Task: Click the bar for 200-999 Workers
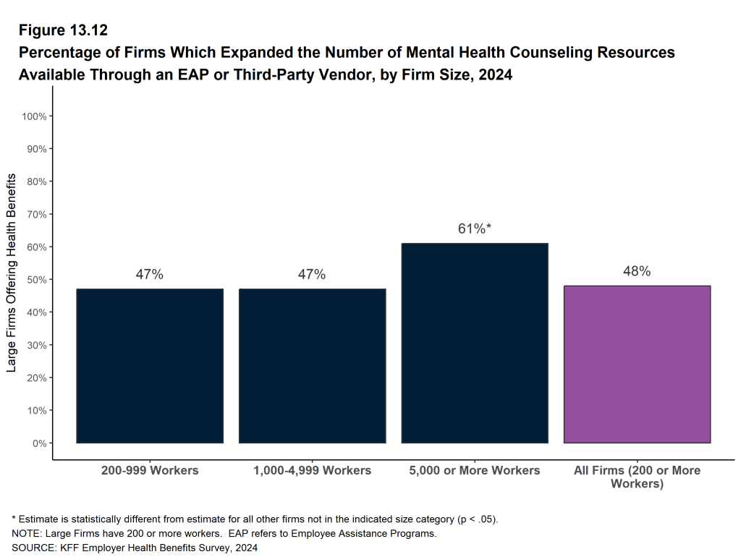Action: click(x=150, y=365)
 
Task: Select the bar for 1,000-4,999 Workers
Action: click(x=312, y=365)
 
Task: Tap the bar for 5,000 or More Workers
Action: click(x=474, y=343)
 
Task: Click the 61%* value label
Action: click(x=475, y=229)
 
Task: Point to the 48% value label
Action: click(x=637, y=271)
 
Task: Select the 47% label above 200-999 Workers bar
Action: click(x=150, y=274)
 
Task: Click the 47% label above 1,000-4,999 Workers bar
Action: click(x=312, y=274)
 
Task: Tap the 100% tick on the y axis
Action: click(x=33, y=116)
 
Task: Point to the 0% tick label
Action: click(x=38, y=443)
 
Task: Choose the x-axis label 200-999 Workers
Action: click(x=150, y=470)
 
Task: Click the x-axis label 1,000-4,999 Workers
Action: click(x=312, y=470)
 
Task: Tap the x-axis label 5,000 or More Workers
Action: click(x=474, y=470)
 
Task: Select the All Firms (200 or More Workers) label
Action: click(x=637, y=477)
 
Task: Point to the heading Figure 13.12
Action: click(x=63, y=30)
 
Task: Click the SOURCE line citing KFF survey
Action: click(x=135, y=548)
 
